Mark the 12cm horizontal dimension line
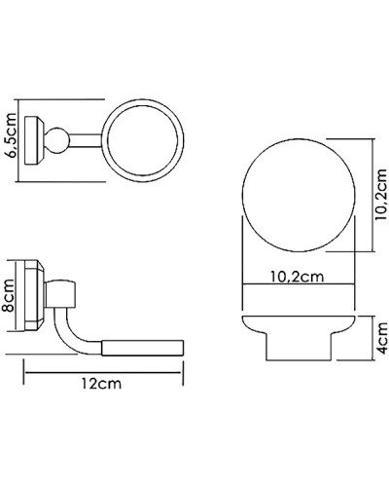(x=102, y=371)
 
